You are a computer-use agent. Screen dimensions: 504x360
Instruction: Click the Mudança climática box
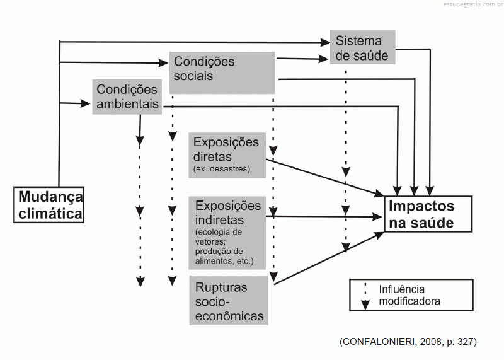pos(49,205)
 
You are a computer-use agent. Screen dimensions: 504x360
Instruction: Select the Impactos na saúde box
pos(428,214)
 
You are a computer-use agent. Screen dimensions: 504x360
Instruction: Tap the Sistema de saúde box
pos(363,48)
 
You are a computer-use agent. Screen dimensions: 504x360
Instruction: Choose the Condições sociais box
pos(222,73)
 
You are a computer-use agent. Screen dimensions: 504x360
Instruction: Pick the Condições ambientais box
pos(127,97)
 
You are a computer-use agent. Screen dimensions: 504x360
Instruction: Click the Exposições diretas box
pos(227,155)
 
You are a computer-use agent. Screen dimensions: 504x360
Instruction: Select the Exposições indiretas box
pos(227,233)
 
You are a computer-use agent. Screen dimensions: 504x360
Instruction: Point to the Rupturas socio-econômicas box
pos(229,300)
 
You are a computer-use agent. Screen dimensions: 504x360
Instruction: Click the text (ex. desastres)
pos(222,168)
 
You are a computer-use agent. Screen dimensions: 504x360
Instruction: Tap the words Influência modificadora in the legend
pos(409,295)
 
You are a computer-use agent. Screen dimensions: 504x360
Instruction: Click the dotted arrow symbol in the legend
pos(365,296)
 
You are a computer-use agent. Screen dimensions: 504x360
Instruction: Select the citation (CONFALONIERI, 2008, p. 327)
pos(408,342)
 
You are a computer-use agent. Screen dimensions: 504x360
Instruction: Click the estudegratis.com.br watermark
pos(473,4)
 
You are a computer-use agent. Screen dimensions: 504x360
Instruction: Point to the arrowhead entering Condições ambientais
pos(86,103)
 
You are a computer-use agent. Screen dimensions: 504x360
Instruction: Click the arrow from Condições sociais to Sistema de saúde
pos(302,59)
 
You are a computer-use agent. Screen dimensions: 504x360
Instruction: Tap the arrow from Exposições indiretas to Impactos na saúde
pos(324,216)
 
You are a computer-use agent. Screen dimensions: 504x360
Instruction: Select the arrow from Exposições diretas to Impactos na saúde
pos(325,178)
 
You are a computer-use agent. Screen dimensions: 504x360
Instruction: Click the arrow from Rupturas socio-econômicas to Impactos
pos(329,258)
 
